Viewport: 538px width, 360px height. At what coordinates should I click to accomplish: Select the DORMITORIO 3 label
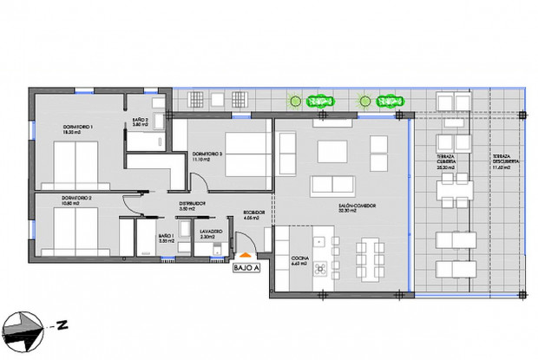point(207,154)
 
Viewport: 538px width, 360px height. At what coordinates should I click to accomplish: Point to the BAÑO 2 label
point(141,122)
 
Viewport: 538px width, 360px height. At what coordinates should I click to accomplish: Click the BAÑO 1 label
point(167,236)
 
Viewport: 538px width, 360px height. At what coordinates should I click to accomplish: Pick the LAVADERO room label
point(212,233)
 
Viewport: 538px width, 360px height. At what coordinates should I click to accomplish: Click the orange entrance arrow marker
point(246,255)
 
